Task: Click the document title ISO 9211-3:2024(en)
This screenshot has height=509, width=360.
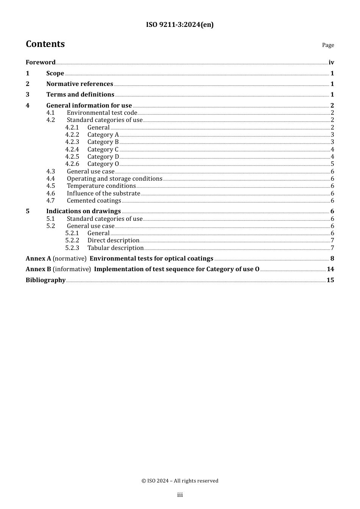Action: (x=180, y=25)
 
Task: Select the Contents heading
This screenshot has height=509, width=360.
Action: (x=45, y=44)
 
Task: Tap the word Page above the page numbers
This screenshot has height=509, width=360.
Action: (x=328, y=45)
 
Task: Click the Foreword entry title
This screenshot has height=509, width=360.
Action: (x=41, y=62)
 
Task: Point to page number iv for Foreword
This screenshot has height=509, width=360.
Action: (x=331, y=62)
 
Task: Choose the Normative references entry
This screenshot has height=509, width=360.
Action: (x=80, y=84)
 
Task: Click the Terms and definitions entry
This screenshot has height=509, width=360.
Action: (x=80, y=94)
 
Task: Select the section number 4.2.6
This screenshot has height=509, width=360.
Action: (x=72, y=164)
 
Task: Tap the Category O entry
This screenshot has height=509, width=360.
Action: (x=103, y=164)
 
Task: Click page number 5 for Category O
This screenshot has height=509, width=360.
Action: (x=332, y=164)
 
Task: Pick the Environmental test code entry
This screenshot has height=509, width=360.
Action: (x=102, y=112)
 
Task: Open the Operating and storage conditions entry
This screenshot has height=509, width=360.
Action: (x=114, y=178)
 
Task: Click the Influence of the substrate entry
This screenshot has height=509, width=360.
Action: (x=103, y=193)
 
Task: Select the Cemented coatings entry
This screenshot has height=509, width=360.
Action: (x=94, y=200)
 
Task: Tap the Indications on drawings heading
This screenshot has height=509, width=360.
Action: (x=83, y=211)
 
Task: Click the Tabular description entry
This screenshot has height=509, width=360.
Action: (x=116, y=248)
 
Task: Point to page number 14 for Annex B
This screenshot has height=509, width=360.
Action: (x=330, y=269)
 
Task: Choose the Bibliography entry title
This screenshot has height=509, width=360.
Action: (x=45, y=280)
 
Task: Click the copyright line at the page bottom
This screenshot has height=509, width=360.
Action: (x=180, y=481)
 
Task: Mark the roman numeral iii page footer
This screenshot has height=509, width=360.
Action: (x=180, y=495)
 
